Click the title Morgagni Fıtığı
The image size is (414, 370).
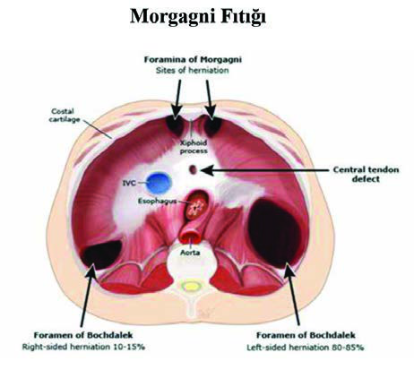point(198,17)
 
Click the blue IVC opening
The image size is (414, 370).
point(159,183)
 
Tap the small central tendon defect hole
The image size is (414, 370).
point(194,169)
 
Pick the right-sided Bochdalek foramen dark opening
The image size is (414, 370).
point(101,254)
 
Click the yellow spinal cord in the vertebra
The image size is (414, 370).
point(191,286)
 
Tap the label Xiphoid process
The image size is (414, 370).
point(194,147)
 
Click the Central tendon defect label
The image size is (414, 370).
point(366,175)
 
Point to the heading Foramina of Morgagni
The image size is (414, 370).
point(193,59)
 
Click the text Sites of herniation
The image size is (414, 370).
point(193,71)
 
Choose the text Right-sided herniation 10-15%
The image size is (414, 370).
point(83,347)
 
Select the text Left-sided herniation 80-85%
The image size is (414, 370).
point(306,348)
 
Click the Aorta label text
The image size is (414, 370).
point(190,253)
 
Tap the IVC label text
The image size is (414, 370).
point(129,183)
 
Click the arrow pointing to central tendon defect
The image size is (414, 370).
point(264,170)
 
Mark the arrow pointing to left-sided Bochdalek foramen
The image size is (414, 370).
point(292,293)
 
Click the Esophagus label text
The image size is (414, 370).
point(157,201)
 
